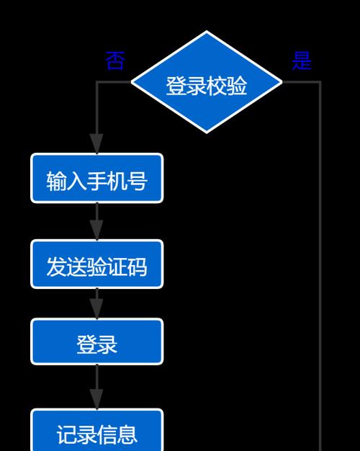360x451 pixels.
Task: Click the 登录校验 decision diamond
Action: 207,82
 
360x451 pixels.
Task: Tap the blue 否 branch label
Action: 115,61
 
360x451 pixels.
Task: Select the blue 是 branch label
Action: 302,61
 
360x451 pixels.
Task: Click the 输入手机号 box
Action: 97,179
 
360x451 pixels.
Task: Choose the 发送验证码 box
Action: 97,264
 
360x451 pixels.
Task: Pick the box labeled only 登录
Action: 97,341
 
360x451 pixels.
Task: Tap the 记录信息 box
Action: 97,430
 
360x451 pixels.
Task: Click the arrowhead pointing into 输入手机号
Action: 96,143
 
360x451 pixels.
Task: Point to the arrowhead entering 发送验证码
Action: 96,230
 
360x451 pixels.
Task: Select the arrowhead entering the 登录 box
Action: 96,308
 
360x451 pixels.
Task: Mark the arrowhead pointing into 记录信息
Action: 96,399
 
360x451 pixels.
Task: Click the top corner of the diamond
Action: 207,30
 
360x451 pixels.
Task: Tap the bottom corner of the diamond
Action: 207,133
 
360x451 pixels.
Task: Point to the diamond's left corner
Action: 131,82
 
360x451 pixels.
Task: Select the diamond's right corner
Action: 282,82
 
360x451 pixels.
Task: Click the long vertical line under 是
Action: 320,266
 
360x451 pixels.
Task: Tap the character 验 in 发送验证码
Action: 97,267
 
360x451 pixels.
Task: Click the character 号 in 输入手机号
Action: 138,181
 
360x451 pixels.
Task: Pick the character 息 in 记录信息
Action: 127,434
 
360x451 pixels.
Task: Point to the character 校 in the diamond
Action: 217,86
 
